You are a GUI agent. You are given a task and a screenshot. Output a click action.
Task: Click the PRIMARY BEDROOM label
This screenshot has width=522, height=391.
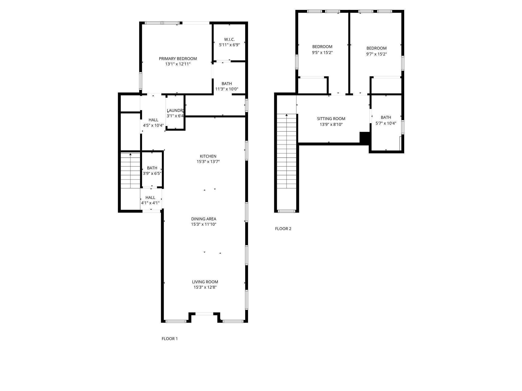178,59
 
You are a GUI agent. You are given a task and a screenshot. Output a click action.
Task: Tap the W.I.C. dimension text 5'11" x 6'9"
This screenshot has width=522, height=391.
229,45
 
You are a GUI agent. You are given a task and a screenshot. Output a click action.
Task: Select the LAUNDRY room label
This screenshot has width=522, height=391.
175,110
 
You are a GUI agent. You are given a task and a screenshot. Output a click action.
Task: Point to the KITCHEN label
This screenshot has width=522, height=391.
208,156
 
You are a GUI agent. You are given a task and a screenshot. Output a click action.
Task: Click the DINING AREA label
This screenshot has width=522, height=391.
204,219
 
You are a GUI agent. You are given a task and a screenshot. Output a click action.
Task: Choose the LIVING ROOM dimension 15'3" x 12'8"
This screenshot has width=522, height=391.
205,287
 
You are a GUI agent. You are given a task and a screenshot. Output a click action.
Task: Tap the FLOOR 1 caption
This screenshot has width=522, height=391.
169,339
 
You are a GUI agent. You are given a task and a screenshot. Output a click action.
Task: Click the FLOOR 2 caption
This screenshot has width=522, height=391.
283,229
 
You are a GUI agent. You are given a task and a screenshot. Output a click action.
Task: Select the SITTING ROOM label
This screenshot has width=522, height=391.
331,119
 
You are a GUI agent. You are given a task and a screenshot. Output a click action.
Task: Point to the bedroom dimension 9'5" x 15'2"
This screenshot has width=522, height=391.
322,53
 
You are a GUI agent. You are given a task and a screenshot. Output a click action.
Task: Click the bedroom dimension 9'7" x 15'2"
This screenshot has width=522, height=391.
376,54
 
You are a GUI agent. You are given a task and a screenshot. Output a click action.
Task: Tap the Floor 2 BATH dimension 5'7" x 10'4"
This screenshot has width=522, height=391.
386,123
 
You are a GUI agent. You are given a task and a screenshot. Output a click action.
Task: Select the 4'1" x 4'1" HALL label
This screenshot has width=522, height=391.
150,198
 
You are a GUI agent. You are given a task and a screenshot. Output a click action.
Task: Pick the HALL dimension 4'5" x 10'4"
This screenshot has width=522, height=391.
153,125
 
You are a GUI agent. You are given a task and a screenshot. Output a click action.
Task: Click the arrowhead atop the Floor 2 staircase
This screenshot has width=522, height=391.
286,115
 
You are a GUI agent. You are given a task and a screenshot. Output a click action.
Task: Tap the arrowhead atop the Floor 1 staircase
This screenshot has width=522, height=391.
130,154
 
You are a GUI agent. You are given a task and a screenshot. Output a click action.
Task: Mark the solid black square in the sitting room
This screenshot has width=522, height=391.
364,138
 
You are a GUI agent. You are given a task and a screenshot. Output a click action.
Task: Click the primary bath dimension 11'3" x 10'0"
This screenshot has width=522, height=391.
227,89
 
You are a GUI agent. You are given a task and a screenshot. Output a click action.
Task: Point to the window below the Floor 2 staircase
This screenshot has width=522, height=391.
286,211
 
